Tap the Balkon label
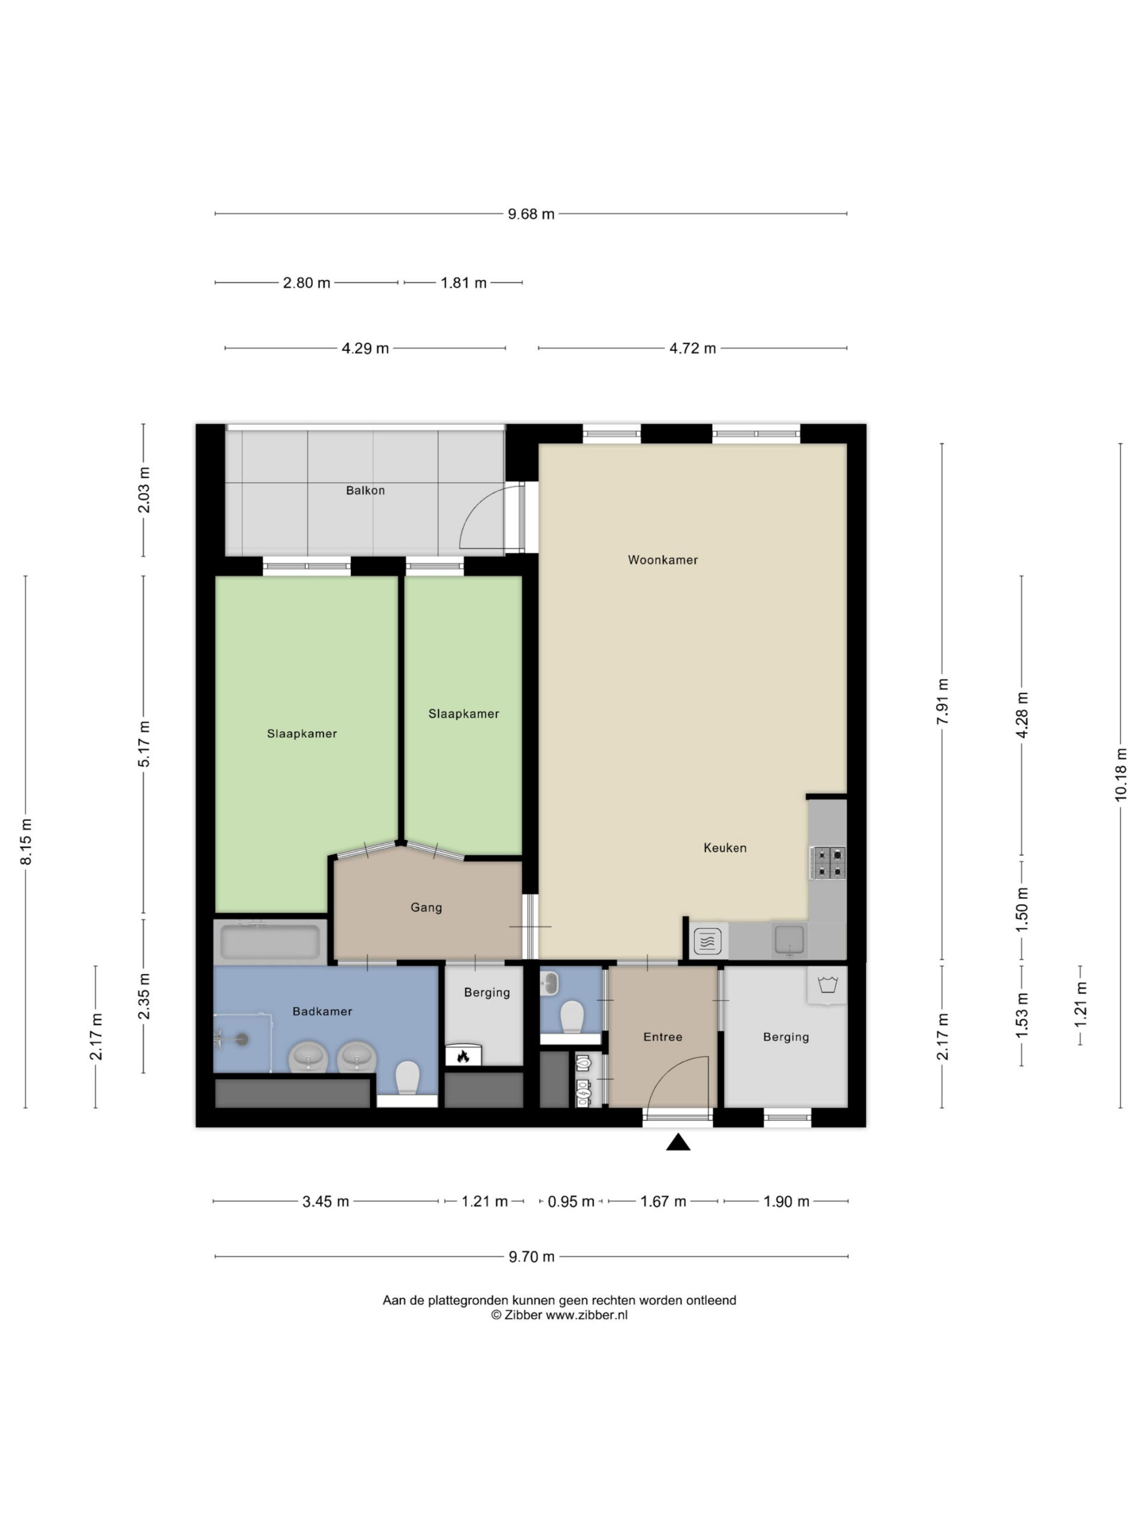[x=365, y=491]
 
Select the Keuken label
[x=725, y=848]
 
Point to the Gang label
[x=426, y=908]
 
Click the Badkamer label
[x=322, y=1011]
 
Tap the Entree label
[x=663, y=1037]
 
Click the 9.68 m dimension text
[x=531, y=214]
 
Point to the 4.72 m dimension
[x=692, y=348]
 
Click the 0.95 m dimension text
[x=571, y=1202]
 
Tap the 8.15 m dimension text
[x=26, y=842]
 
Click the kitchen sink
[x=788, y=940]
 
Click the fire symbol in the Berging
[x=463, y=1056]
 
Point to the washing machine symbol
[x=827, y=984]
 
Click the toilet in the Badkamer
[x=407, y=1079]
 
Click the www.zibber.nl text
[x=587, y=1316]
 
